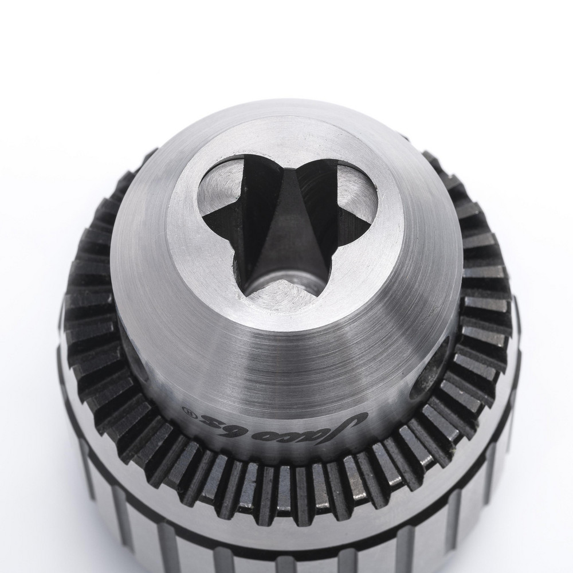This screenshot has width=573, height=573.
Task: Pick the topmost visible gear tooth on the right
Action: coord(433,160)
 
